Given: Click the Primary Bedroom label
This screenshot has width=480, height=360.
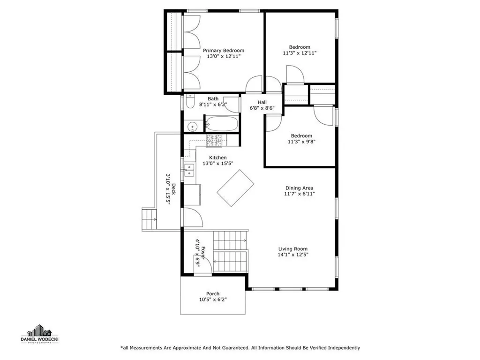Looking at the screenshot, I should pyautogui.click(x=223, y=51).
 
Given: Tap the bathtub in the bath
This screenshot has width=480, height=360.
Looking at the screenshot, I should pyautogui.click(x=223, y=124).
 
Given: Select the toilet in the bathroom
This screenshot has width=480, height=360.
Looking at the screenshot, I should pyautogui.click(x=189, y=102).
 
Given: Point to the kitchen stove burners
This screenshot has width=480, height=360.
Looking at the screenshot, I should pyautogui.click(x=216, y=140).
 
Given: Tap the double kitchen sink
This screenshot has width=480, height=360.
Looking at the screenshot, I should pyautogui.click(x=189, y=170).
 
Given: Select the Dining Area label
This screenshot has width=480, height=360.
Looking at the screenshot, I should pyautogui.click(x=299, y=188).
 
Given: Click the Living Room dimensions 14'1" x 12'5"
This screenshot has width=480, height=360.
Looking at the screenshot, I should pyautogui.click(x=293, y=255).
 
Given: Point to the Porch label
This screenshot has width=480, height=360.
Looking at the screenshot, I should pyautogui.click(x=213, y=294).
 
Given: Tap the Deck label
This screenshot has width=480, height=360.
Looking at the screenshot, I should pyautogui.click(x=173, y=189).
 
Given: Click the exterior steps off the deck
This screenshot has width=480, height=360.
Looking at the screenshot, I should pyautogui.click(x=149, y=218).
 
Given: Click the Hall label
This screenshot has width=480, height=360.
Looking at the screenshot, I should pyautogui.click(x=262, y=102).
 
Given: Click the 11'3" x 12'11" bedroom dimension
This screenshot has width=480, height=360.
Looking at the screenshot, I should pyautogui.click(x=300, y=53).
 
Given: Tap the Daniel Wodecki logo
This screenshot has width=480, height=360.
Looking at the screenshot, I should pyautogui.click(x=39, y=334).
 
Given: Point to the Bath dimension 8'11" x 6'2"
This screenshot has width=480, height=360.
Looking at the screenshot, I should pyautogui.click(x=213, y=105).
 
